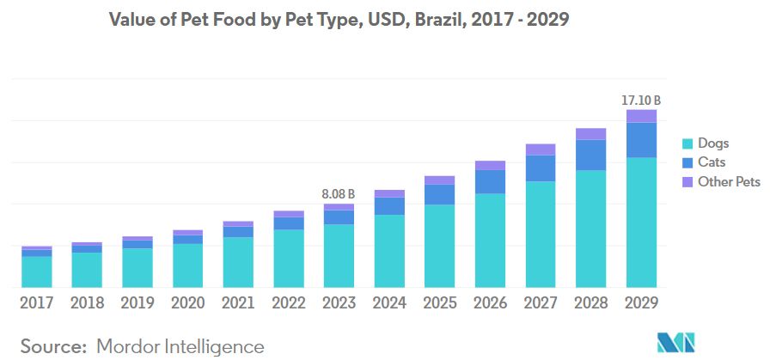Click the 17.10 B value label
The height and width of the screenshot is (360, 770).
[x=640, y=101]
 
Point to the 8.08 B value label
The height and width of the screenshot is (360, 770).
[x=339, y=194]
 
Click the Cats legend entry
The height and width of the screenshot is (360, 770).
[x=712, y=162]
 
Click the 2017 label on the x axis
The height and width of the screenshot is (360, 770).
[x=37, y=302]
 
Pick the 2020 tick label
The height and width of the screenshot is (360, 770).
[x=188, y=302]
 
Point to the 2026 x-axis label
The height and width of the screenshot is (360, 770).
[x=490, y=302]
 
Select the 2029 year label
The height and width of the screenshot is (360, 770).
[x=641, y=302]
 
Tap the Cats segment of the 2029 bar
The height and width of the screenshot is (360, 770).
[x=641, y=140]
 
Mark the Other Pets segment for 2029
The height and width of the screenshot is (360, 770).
[x=641, y=116]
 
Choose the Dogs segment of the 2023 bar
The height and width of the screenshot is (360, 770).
[x=339, y=255]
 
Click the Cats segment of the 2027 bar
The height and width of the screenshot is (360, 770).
[x=541, y=168]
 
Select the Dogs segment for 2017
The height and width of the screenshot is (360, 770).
[x=37, y=272]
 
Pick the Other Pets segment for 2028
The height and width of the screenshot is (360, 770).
[x=591, y=133]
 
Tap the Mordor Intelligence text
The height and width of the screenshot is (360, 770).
[x=180, y=346]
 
